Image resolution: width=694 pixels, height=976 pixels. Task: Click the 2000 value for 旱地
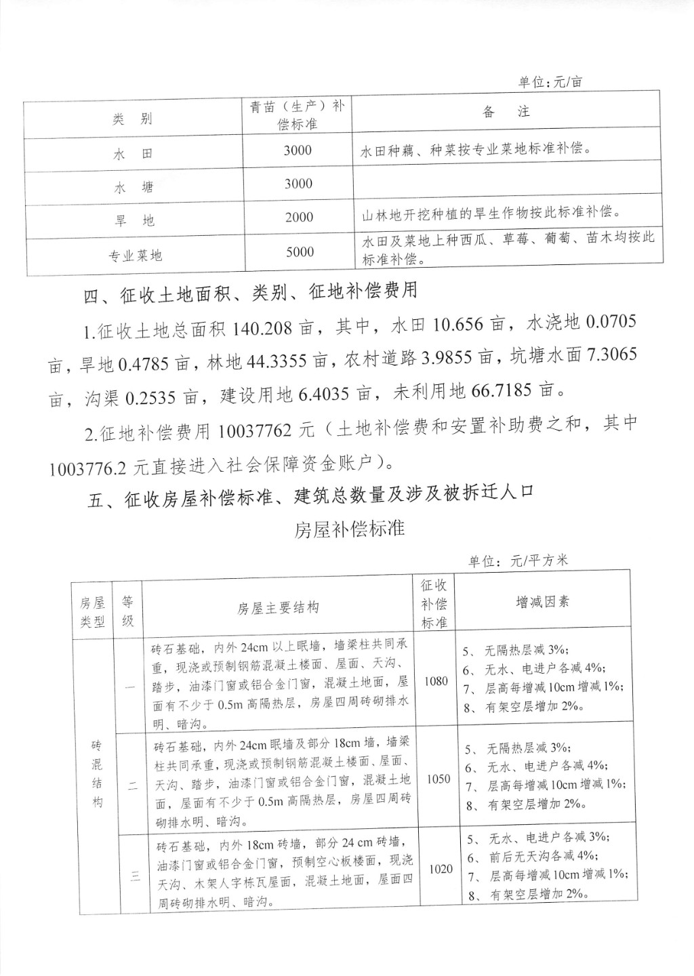[x=299, y=217]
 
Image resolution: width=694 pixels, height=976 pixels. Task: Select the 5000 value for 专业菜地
[x=300, y=252]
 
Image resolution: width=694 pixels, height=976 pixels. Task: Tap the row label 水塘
[x=133, y=188]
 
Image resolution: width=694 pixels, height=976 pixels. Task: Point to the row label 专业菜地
[x=136, y=256]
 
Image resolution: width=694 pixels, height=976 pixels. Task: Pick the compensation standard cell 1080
[x=436, y=681]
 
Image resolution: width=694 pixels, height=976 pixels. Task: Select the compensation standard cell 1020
[x=441, y=869]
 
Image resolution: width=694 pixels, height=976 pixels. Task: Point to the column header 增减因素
[x=542, y=602]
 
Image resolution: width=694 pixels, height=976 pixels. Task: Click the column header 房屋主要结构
[x=277, y=608]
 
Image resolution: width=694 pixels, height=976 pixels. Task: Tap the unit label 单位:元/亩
[x=550, y=82]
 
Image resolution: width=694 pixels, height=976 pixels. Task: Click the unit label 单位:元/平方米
[x=518, y=561]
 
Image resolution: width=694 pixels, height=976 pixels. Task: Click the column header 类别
[x=132, y=119]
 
